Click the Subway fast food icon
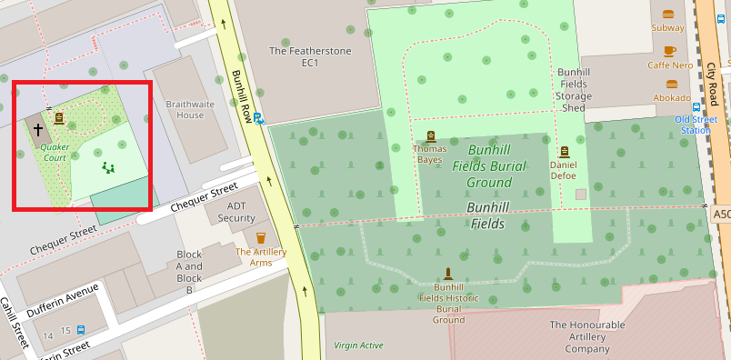tap(669, 14)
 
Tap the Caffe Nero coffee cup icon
tap(670, 51)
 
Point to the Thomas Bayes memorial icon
tap(428, 137)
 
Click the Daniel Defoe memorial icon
tap(564, 152)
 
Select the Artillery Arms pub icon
tap(261, 238)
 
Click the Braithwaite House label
tap(190, 109)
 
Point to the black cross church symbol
tap(38, 130)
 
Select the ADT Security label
tap(236, 212)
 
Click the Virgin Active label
tap(358, 345)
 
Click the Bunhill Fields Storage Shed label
tap(574, 89)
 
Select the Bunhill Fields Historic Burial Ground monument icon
tap(448, 273)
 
